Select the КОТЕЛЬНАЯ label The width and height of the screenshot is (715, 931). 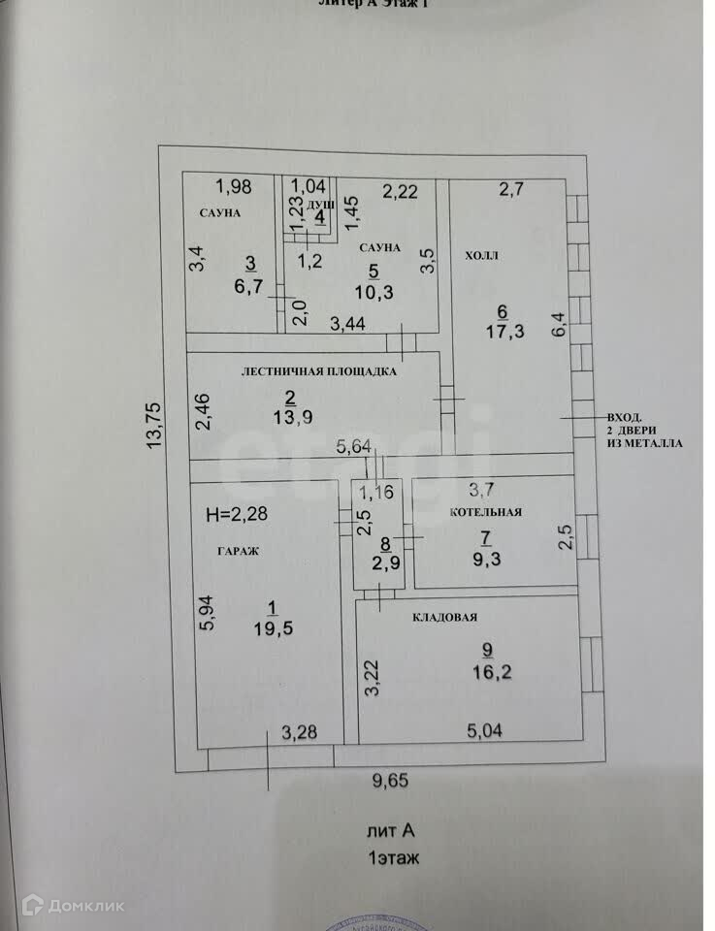486,513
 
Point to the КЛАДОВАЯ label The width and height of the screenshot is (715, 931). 445,617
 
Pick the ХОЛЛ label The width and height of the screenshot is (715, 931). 481,255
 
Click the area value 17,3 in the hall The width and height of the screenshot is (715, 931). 503,331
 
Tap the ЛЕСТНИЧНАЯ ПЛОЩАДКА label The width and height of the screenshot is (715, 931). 319,370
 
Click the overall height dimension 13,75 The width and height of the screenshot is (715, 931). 155,426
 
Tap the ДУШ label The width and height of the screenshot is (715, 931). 320,207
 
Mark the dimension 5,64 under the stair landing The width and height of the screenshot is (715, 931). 353,447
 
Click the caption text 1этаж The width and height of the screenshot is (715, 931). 392,858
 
